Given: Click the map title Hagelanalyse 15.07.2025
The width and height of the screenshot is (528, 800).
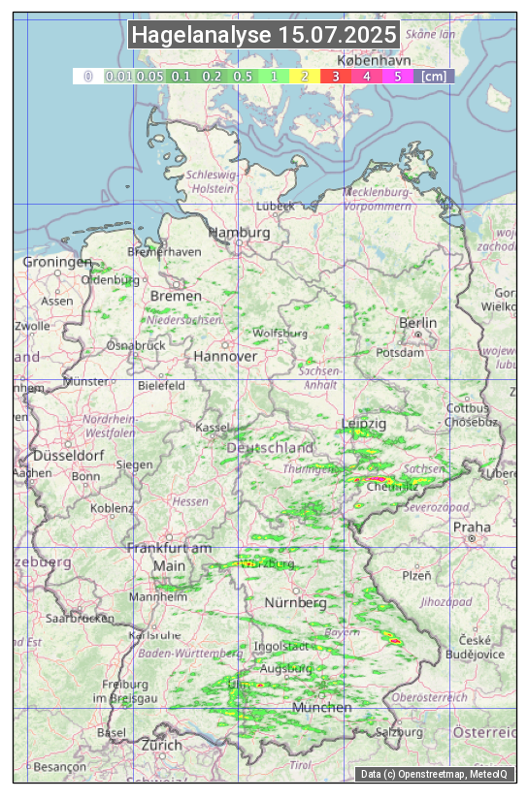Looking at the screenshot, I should click(264, 35).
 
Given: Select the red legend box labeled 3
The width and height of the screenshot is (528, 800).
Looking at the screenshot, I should click(336, 76).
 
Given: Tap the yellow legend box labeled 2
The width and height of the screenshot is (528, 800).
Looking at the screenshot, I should click(305, 76).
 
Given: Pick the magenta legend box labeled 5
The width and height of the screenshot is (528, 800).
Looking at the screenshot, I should click(398, 76).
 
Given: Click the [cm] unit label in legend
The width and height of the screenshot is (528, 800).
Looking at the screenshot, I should click(434, 76).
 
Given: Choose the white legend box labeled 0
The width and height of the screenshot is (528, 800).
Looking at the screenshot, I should click(87, 76).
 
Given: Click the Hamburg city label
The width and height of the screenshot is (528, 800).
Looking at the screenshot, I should click(240, 233).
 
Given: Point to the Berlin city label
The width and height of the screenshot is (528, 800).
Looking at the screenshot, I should click(417, 322).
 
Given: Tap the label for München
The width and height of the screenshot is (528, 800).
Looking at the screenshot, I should click(321, 707).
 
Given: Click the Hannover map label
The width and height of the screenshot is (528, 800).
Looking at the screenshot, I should click(225, 356).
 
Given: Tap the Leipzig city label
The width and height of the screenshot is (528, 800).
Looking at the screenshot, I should click(364, 424).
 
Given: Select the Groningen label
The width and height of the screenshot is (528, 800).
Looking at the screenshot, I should click(56, 262).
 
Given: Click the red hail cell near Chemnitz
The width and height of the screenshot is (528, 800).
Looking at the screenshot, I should click(377, 480).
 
